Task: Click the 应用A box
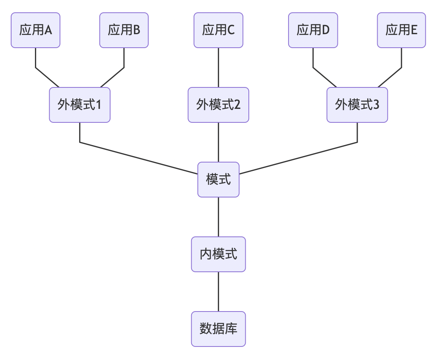35,30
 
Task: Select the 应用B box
124,30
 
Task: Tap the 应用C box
218,30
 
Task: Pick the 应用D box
313,30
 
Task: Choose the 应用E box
401,30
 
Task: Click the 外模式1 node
79,105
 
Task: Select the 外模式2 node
218,105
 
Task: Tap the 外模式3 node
357,105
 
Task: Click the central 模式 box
218,180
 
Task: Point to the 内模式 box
218,254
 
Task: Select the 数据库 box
218,329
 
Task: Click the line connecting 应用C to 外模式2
218,68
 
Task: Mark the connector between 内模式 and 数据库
218,292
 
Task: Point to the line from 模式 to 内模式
218,217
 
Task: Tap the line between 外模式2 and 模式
218,142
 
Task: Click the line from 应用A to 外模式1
36,60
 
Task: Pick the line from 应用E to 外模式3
401,60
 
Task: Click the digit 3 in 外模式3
376,105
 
